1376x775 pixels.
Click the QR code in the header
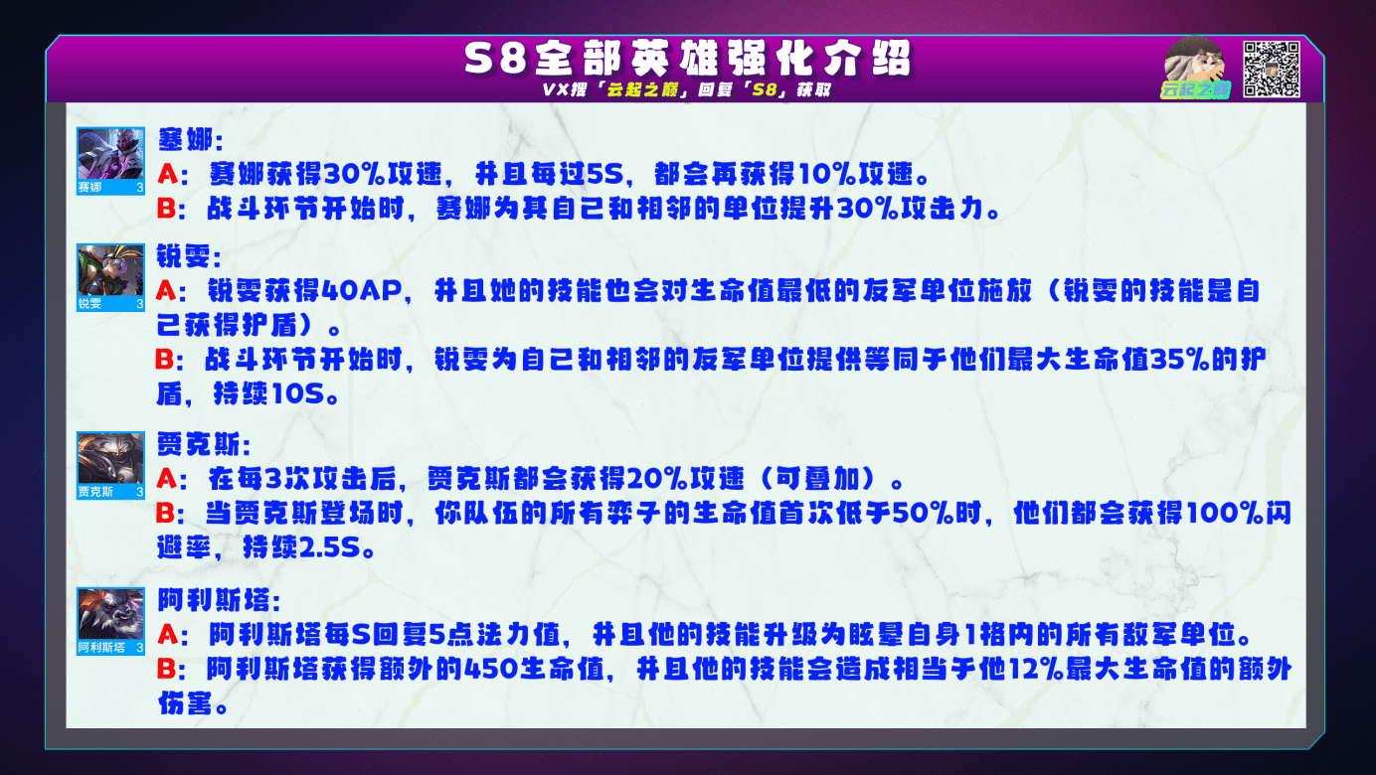point(1271,69)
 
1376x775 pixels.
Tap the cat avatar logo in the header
point(1194,68)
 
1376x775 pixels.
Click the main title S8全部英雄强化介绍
point(687,59)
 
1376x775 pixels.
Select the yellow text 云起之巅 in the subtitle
point(642,89)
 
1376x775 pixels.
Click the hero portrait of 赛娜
point(110,161)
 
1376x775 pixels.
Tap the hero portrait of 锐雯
point(110,277)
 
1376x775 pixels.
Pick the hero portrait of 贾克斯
point(110,465)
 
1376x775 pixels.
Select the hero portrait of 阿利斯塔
point(110,621)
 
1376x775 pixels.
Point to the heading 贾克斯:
point(204,444)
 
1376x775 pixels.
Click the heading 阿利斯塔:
point(219,600)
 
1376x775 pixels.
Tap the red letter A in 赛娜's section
point(167,175)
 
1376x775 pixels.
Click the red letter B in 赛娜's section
point(166,209)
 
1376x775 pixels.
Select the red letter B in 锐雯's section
point(165,360)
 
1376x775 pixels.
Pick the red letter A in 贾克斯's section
point(166,479)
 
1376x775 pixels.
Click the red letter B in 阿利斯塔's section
point(166,670)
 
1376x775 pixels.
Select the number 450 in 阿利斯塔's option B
point(491,670)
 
